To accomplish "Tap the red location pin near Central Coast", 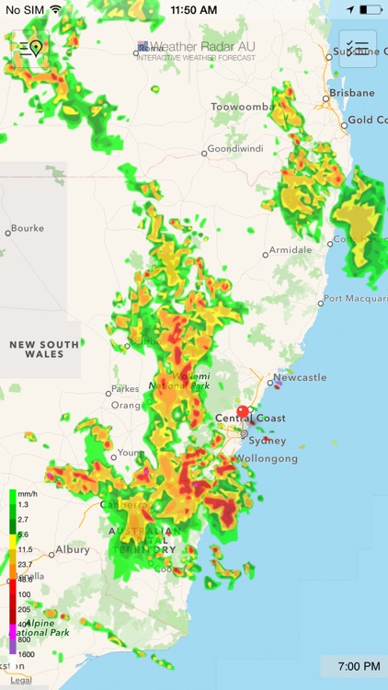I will [x=243, y=411].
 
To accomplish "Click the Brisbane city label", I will [x=352, y=93].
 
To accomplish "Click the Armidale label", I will [x=289, y=250].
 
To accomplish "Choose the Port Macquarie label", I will [x=354, y=299].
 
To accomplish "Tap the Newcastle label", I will [x=301, y=377].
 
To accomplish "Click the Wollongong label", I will [x=267, y=458].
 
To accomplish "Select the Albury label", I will [x=72, y=549].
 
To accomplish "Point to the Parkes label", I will [x=125, y=388].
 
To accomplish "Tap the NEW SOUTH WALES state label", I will [x=44, y=350].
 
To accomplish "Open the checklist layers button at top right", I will [x=358, y=49].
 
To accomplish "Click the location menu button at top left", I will [x=29, y=49].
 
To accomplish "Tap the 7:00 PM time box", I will [x=354, y=666].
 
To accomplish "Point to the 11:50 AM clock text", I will [x=193, y=9].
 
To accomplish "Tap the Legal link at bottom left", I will [x=20, y=681].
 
